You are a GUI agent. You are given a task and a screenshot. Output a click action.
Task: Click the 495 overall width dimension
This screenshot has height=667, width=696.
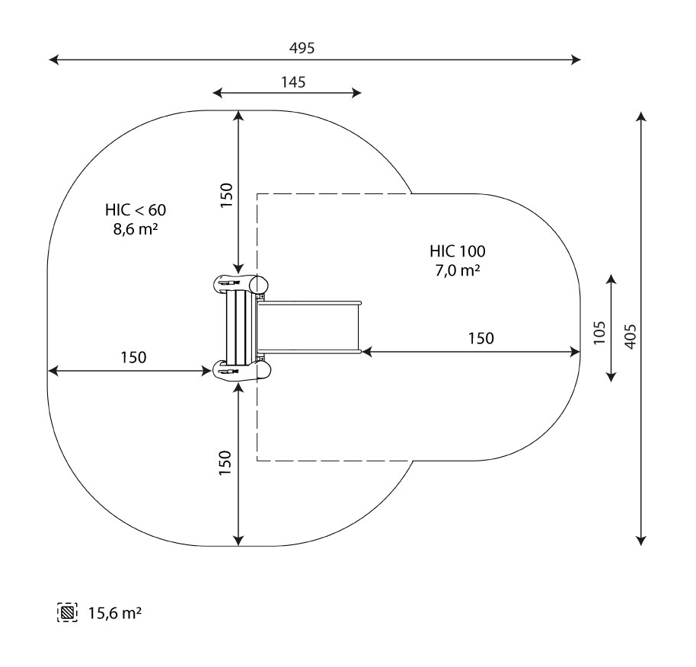point(302,47)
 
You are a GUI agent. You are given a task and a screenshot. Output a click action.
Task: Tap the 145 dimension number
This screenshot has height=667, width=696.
point(293,82)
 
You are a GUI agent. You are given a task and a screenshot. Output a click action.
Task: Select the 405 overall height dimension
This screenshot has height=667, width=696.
point(631,337)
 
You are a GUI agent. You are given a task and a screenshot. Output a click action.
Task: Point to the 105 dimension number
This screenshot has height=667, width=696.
point(599,332)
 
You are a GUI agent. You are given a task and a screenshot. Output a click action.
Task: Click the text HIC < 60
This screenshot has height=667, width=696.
point(136,209)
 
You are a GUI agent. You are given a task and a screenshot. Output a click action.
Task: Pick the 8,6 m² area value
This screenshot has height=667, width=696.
point(136,229)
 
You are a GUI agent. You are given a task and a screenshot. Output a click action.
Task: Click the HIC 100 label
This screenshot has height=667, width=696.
point(457,251)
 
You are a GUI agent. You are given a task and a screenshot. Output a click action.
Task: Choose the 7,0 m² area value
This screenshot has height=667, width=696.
point(457,270)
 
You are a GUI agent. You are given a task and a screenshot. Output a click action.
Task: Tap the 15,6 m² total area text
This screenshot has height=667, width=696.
point(114,613)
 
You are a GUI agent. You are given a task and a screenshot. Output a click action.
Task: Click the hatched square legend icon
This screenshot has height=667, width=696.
point(68,612)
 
